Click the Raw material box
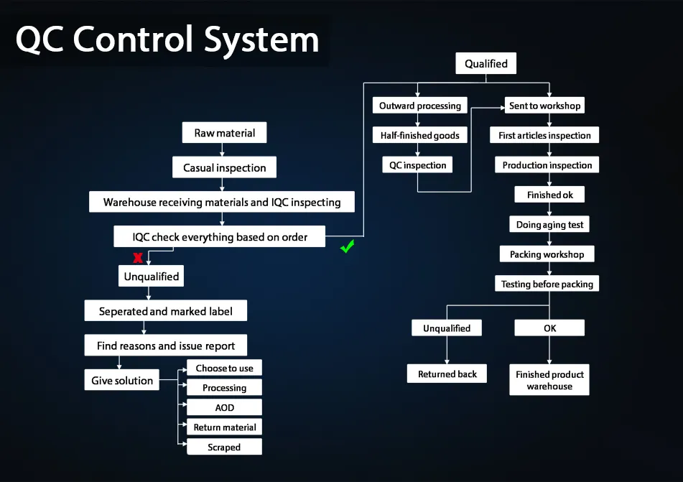tap(224, 133)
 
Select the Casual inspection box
tap(224, 167)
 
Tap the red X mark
tap(137, 258)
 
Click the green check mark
tap(348, 248)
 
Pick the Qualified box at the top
tap(485, 64)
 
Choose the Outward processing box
tap(420, 106)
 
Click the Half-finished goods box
tap(420, 135)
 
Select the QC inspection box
tap(417, 165)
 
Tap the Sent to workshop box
tap(544, 106)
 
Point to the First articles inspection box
tap(544, 135)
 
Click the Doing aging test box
tap(549, 225)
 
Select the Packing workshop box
tap(547, 254)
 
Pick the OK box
tap(549, 328)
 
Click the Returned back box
tap(447, 374)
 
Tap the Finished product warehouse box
tap(549, 380)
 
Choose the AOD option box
tap(224, 407)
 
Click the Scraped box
tap(224, 447)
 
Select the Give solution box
tap(122, 381)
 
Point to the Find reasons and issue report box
tap(166, 346)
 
